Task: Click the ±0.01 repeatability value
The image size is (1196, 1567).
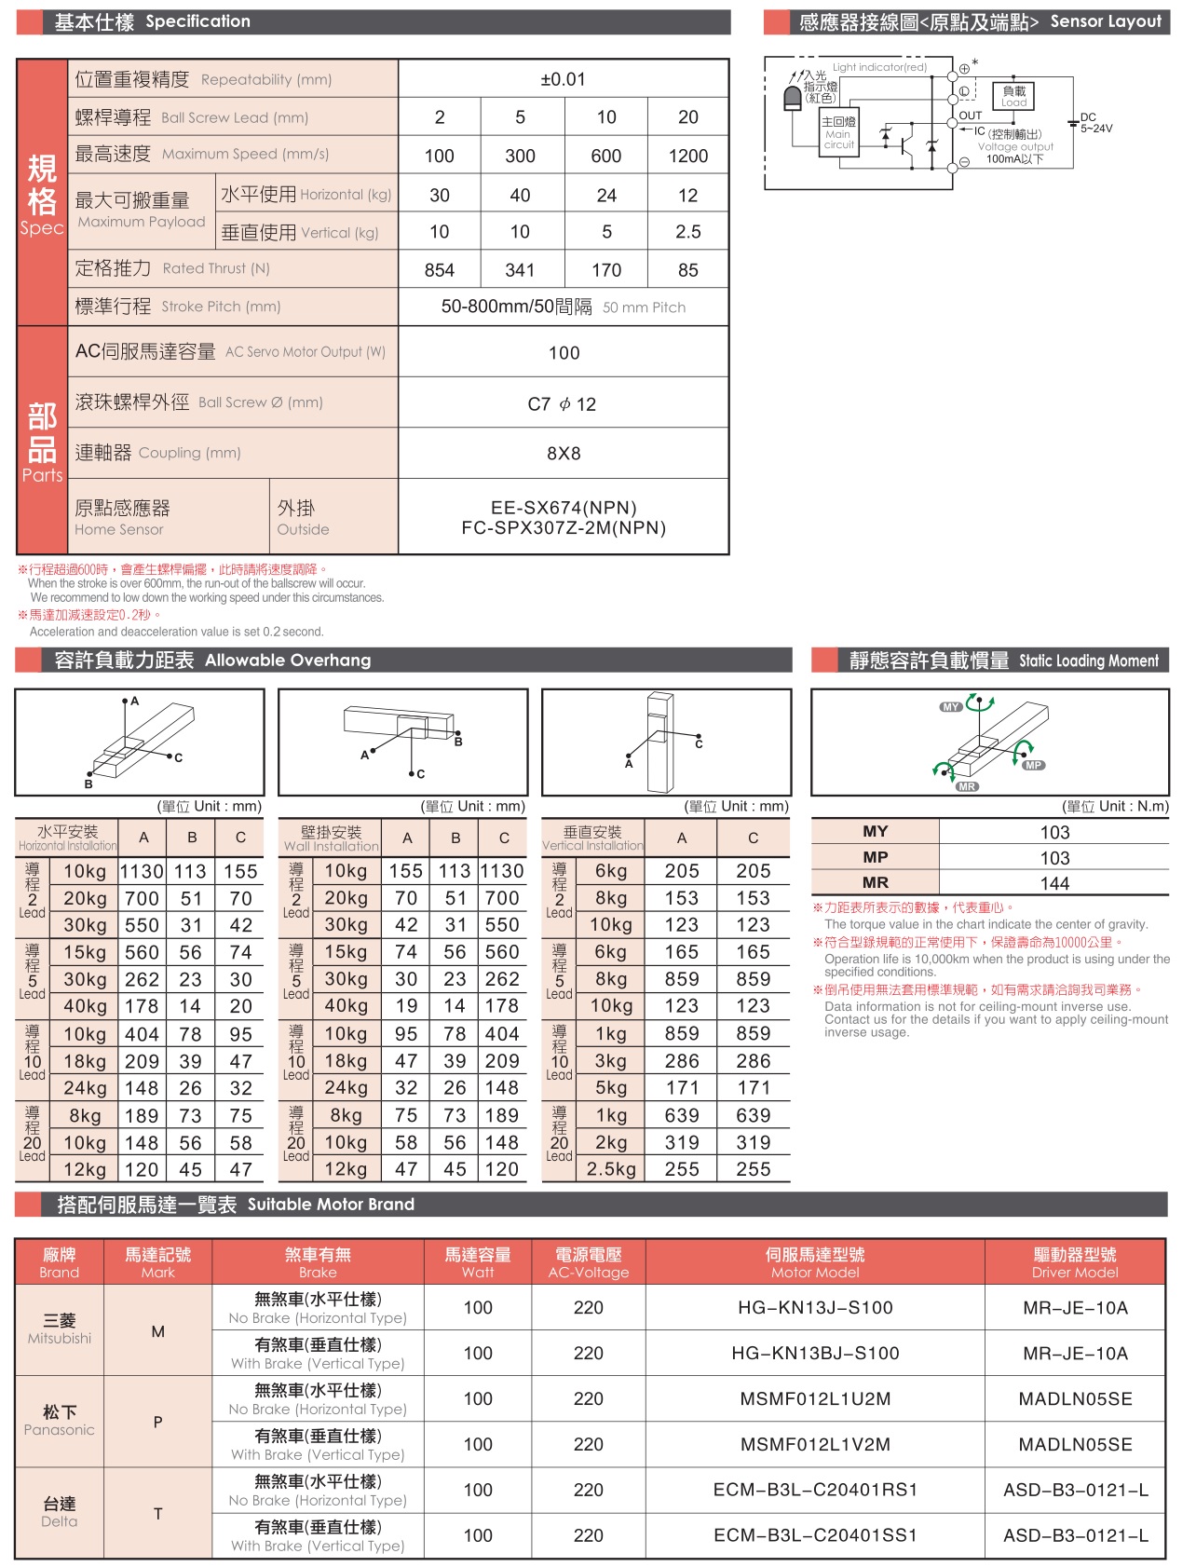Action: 563,79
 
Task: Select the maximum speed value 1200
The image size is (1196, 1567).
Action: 687,156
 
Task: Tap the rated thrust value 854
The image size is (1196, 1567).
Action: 439,270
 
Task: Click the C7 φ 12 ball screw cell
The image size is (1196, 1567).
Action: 563,404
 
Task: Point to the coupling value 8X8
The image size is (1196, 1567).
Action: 563,454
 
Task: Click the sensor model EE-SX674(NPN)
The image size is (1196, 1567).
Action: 564,508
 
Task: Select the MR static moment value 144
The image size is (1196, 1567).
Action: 1054,883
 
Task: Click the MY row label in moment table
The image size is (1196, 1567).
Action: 875,831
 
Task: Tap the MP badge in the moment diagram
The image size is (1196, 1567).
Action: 1034,765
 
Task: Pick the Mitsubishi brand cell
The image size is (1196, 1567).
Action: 60,1329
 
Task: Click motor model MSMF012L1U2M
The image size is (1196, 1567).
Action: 815,1398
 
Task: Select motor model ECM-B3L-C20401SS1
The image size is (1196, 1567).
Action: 815,1535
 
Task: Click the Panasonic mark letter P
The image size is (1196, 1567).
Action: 157,1422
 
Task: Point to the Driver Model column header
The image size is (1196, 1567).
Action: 1074,1262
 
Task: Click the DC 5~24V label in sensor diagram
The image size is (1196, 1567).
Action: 1095,124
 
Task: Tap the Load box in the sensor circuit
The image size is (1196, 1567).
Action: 1013,96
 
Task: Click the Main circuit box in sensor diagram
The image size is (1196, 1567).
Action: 838,132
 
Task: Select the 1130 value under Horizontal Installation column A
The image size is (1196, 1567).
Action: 142,871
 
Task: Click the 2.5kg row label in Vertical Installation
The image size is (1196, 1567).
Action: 611,1169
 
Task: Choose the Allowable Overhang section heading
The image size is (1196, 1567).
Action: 212,661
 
